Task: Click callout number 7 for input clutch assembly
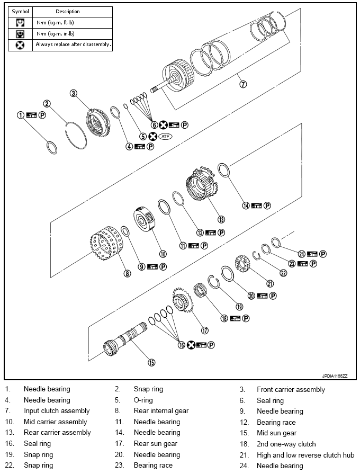pos(242,84)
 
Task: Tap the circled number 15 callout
pos(151,363)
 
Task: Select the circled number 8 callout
pos(127,274)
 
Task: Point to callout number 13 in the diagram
pos(221,219)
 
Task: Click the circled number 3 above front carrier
pos(74,93)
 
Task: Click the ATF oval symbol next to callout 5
pos(166,137)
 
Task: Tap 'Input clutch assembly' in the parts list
pos(57,411)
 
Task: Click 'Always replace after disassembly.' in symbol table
pos(73,45)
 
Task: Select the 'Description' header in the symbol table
pos(68,11)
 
